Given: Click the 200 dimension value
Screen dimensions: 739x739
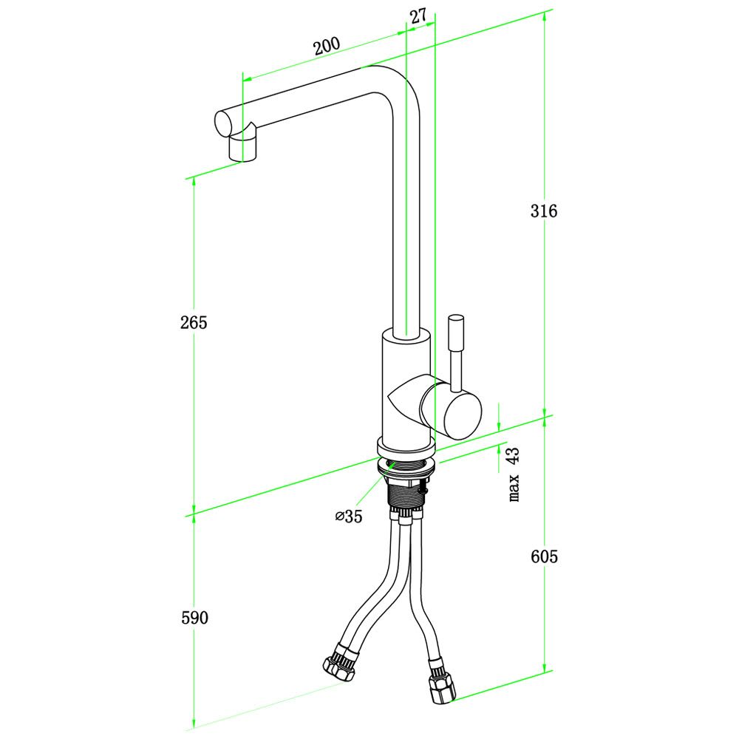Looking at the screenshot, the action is coord(327,46).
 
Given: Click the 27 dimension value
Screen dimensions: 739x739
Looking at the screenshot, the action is coord(418,16).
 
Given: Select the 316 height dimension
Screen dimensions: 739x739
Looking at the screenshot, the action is coord(543,211).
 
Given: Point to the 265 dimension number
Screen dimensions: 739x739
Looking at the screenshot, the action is coord(193,322).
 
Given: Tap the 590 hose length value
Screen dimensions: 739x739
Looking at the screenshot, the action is coord(194,617).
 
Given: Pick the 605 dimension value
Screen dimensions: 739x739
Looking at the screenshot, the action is coord(544,556).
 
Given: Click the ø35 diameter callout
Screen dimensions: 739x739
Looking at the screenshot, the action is coord(349,517).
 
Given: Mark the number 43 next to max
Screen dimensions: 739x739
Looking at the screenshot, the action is coord(513,457).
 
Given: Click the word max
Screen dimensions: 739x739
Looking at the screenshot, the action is coord(514,487).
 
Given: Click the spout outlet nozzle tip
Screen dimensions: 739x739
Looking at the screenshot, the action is coord(244,149).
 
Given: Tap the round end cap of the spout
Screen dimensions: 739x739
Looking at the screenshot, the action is coord(223,124).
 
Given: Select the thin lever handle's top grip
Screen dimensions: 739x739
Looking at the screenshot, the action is coord(456,332).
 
